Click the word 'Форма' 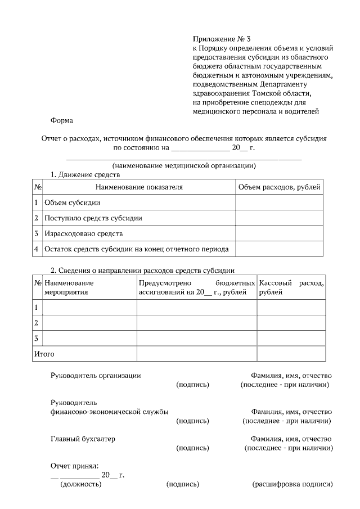(61, 120)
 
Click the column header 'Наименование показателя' (139, 187)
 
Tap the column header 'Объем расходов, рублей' (279, 187)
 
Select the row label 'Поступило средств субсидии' (93, 218)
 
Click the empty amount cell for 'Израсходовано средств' (279, 233)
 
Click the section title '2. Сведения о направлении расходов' (142, 271)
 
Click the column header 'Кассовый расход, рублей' (291, 287)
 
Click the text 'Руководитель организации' (96, 375)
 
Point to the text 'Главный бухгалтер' (83, 439)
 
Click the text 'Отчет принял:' (74, 466)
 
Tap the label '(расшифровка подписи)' (292, 484)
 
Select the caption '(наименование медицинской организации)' (184, 166)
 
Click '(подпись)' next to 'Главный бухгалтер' (192, 448)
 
